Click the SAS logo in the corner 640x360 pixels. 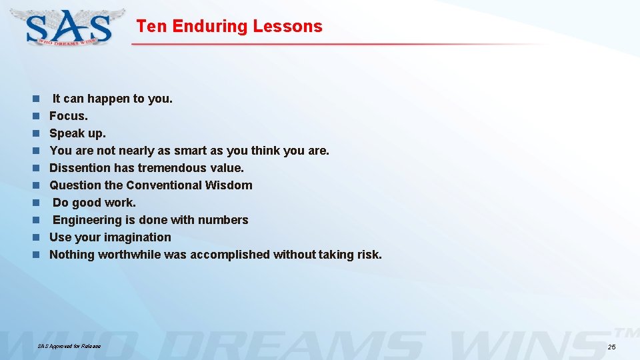coord(69,27)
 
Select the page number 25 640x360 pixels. coord(612,347)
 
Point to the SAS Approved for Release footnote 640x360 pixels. coord(69,346)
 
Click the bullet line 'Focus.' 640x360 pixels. coord(69,116)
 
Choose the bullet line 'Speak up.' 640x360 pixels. coord(77,133)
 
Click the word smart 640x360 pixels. coord(190,151)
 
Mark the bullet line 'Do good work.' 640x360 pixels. coord(94,203)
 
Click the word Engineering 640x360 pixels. coord(89,220)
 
